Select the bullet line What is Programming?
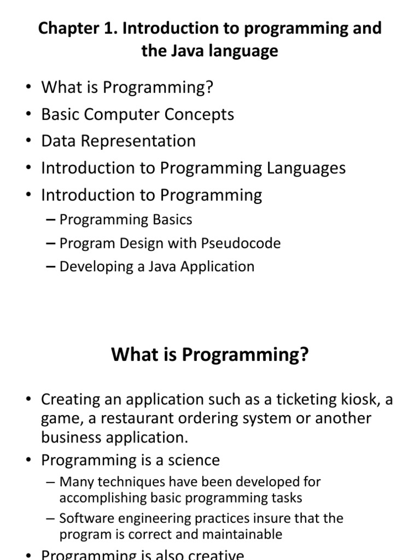coord(127,87)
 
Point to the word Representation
coord(138,141)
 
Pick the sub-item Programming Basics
coord(126,219)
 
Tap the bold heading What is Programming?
coord(210,355)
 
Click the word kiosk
coord(356,399)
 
